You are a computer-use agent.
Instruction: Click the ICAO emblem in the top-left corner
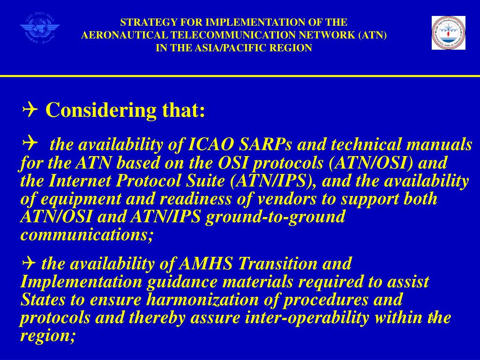point(40,30)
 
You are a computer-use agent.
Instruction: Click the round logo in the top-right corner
point(449,32)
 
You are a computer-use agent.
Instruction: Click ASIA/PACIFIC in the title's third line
point(226,48)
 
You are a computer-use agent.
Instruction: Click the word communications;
point(87,234)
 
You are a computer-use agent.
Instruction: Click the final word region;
point(47,336)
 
